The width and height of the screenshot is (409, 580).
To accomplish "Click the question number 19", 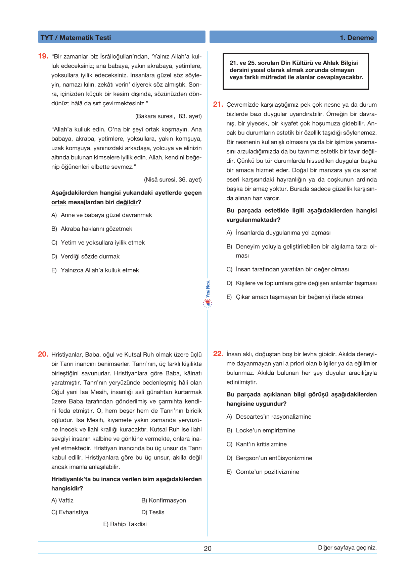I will [43, 56].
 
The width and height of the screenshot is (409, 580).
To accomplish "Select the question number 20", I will [43, 354].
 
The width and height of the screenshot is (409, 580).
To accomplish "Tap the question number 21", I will [218, 104].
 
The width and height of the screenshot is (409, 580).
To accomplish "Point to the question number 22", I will [218, 354].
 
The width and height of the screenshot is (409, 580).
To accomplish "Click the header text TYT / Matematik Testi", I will [76, 38].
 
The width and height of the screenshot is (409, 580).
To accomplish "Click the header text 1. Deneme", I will [357, 38].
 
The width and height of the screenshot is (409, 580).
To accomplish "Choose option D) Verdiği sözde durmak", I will [86, 256].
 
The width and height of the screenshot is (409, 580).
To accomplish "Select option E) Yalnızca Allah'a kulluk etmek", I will [95, 270].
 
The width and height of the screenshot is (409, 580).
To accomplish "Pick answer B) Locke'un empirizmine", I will [261, 430].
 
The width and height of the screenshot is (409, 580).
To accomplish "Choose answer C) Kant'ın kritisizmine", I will [257, 444].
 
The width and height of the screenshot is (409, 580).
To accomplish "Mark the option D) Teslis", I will [153, 512].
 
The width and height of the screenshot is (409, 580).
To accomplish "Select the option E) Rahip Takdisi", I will [125, 524].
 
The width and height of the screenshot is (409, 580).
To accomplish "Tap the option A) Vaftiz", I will [62, 500].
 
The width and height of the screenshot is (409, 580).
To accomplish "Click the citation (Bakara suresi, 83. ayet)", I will [168, 116].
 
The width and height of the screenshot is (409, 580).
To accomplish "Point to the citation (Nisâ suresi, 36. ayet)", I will [173, 179].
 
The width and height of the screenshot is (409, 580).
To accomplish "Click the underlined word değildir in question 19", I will [127, 202].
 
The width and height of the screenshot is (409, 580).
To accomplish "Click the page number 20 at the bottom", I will [208, 548].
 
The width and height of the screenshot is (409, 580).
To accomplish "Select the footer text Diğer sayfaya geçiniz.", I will [347, 548].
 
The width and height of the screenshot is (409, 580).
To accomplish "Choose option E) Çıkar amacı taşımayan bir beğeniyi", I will [296, 297].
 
